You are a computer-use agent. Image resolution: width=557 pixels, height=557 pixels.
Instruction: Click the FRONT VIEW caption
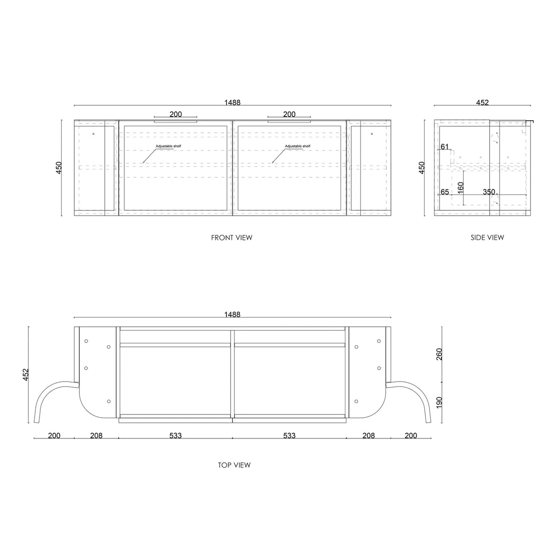point(232,238)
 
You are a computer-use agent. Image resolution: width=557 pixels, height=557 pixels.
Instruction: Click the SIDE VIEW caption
point(487,238)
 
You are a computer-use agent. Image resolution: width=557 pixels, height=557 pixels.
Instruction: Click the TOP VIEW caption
point(234,465)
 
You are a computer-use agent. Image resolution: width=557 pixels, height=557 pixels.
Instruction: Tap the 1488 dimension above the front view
point(233,102)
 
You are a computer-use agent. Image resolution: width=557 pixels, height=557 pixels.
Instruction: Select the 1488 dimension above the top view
point(233,314)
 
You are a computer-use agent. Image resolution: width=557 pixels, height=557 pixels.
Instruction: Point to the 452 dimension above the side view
point(482,102)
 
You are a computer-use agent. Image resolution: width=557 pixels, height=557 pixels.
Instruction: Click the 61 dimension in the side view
point(445,147)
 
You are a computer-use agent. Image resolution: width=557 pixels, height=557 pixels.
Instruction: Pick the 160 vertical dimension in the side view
point(461,188)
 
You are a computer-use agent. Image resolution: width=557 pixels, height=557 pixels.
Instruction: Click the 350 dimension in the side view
point(489,192)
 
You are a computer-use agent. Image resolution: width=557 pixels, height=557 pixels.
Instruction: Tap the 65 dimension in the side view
point(445,192)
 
